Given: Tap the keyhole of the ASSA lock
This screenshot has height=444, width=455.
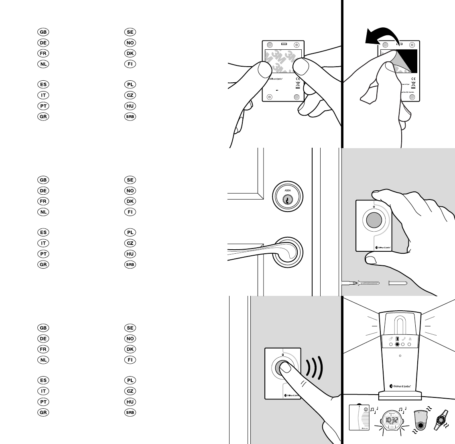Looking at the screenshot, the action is [x=287, y=199].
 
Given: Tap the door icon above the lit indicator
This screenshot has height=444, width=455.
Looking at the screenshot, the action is [x=396, y=339].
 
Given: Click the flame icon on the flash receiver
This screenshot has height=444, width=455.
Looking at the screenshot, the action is [x=410, y=339].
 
